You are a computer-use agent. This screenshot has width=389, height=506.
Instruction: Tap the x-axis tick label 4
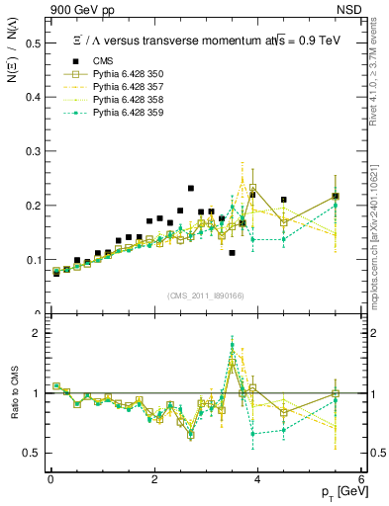(x=257, y=479)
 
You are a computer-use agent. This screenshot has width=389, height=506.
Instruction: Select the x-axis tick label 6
(x=361, y=479)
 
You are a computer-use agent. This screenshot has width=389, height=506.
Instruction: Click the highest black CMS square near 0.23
(x=191, y=188)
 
